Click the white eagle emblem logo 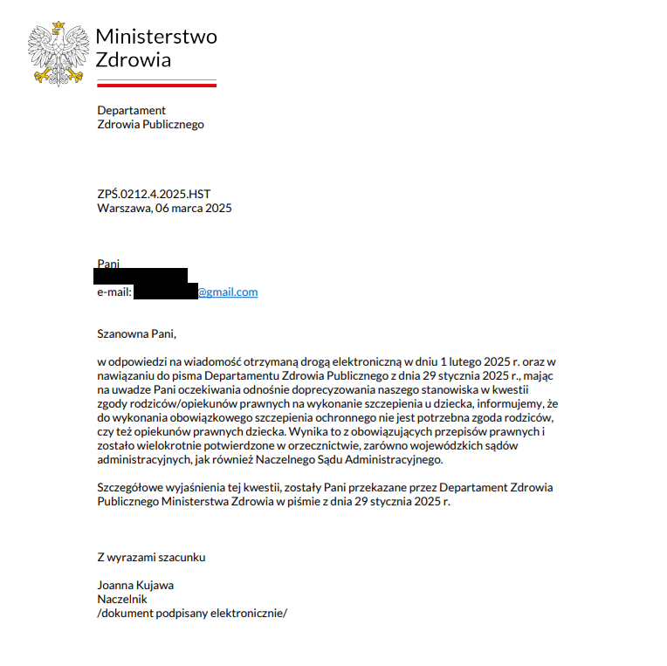[58, 53]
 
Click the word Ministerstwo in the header [155, 37]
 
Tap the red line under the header [156, 85]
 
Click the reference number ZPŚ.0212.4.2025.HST [154, 194]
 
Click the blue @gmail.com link [227, 292]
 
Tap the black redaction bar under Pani [141, 276]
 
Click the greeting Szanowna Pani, [137, 333]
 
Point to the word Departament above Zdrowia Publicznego [131, 110]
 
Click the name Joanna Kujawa [135, 585]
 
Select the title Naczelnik [122, 599]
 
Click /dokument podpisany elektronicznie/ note [192, 613]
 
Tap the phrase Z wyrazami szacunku [151, 557]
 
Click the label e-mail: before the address [114, 292]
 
